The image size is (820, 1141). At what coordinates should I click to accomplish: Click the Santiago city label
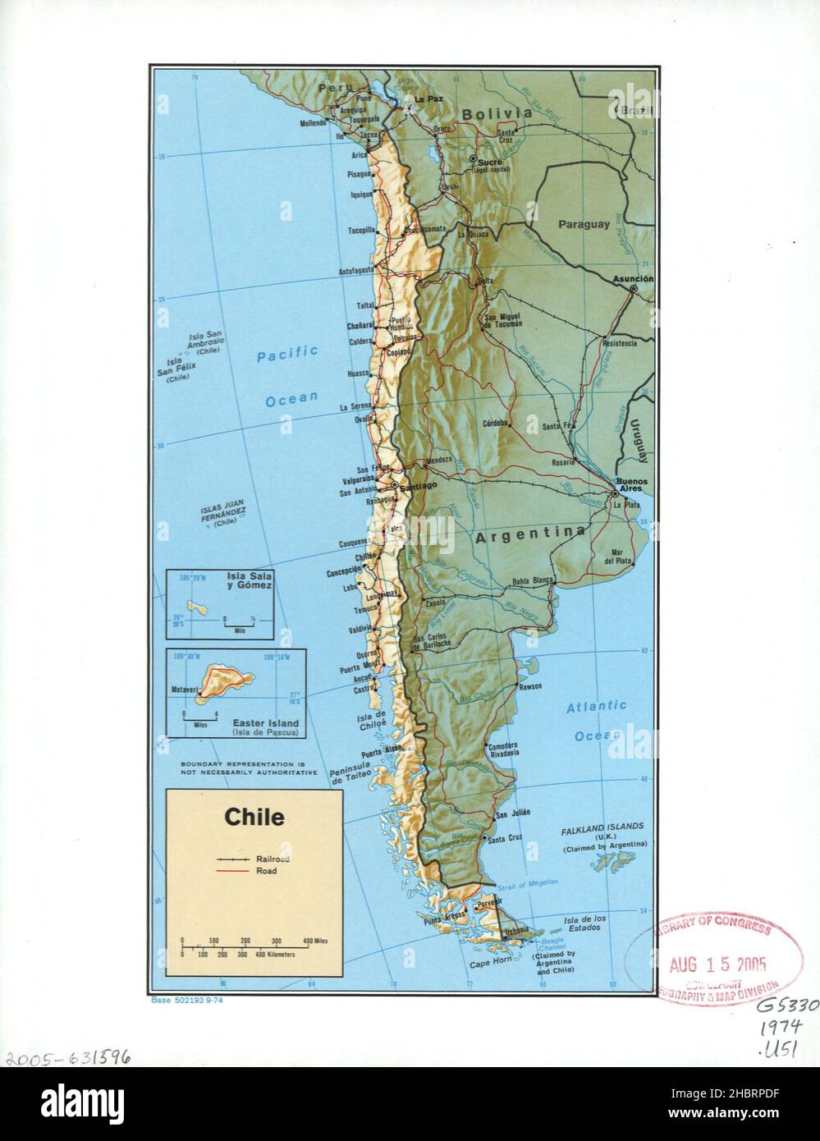click(x=419, y=486)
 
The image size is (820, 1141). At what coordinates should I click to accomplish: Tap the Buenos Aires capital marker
click(x=615, y=494)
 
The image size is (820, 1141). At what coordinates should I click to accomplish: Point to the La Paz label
click(x=428, y=100)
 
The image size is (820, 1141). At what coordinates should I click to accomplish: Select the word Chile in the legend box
click(x=254, y=818)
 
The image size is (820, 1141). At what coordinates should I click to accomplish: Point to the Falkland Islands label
click(x=602, y=827)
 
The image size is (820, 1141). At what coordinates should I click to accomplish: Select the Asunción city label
click(x=633, y=279)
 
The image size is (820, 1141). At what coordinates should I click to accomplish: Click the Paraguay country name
click(x=584, y=224)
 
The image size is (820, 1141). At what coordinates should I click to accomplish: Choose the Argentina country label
click(x=530, y=534)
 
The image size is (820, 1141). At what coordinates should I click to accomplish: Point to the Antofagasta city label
click(x=356, y=269)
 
